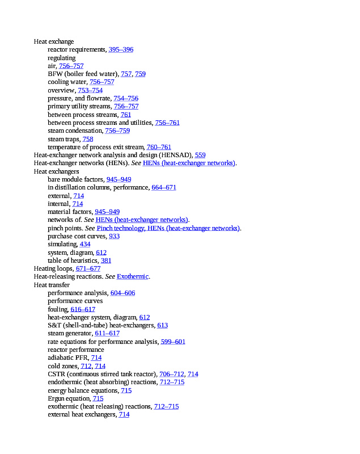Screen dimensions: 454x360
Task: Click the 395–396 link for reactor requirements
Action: tap(121, 49)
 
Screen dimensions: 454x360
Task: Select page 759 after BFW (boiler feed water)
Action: tap(140, 74)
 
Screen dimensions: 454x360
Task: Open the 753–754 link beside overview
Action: tap(90, 90)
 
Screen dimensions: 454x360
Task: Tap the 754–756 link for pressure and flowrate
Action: tap(126, 98)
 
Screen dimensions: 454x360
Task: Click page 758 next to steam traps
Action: tap(88, 139)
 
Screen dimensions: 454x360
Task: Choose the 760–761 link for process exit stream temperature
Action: tap(159, 147)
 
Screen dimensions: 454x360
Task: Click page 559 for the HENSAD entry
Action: tap(200, 155)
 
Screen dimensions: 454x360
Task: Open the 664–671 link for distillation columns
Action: tap(164, 187)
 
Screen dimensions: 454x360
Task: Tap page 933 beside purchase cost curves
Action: tap(114, 236)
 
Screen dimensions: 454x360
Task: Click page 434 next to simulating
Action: tap(85, 244)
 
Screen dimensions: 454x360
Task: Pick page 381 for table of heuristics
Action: tap(106, 260)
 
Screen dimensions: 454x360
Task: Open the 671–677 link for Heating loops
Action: tap(88, 268)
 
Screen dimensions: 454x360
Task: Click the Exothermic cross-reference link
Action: tap(133, 276)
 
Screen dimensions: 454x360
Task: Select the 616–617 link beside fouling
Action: tap(83, 309)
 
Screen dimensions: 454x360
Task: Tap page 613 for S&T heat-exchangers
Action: tap(163, 325)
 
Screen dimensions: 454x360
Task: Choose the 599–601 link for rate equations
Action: tap(173, 342)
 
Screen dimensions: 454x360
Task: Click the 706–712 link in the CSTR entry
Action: tap(172, 374)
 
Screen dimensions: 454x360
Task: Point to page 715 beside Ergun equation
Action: tap(98, 398)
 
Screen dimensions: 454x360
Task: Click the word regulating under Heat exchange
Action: tap(61, 58)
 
